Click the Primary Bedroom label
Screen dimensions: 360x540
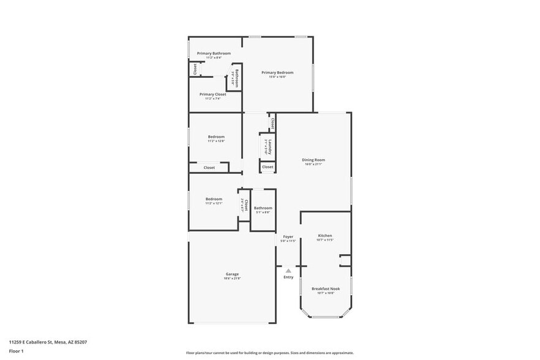coord(274,72)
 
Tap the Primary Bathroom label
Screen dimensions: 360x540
coord(214,53)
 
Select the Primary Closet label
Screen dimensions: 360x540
coord(212,94)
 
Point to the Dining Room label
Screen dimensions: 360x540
coord(313,160)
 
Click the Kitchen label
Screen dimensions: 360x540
coord(324,235)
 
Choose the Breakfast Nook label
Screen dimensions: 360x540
coord(325,288)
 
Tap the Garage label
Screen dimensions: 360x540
coord(232,274)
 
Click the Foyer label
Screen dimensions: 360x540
coord(288,236)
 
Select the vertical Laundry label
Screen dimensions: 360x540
coord(268,146)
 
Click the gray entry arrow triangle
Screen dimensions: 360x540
coord(288,269)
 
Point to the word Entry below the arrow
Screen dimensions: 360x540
coord(288,277)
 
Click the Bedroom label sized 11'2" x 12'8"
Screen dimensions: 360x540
coord(216,137)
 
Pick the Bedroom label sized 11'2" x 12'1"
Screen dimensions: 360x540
coord(214,199)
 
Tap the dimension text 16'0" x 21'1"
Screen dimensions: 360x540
coord(313,164)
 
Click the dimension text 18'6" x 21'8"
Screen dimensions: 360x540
coord(232,279)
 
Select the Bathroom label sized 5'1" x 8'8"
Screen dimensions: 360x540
coord(263,208)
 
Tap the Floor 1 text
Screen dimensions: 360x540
coord(16,351)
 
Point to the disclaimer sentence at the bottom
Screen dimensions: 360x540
coord(270,353)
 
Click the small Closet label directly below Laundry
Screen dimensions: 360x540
coord(268,167)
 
